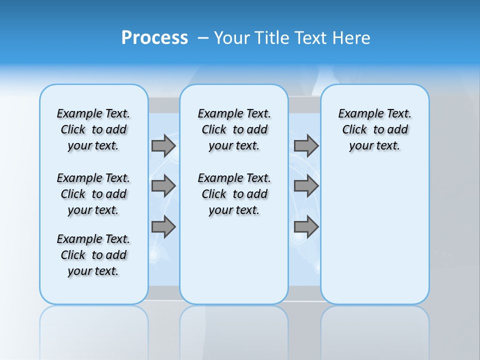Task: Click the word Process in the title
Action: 154,38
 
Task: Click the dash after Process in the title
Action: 202,38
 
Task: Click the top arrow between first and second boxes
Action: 163,145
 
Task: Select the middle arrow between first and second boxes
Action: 163,186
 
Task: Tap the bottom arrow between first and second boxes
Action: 163,227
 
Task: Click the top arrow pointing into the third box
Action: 306,145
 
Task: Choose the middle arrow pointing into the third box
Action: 306,186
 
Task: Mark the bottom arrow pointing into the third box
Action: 306,227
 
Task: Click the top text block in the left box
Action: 93,129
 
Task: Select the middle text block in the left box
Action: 93,194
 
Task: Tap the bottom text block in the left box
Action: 93,255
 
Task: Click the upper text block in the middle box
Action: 234,129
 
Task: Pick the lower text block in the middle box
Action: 234,194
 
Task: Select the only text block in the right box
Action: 374,129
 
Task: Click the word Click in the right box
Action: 354,130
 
